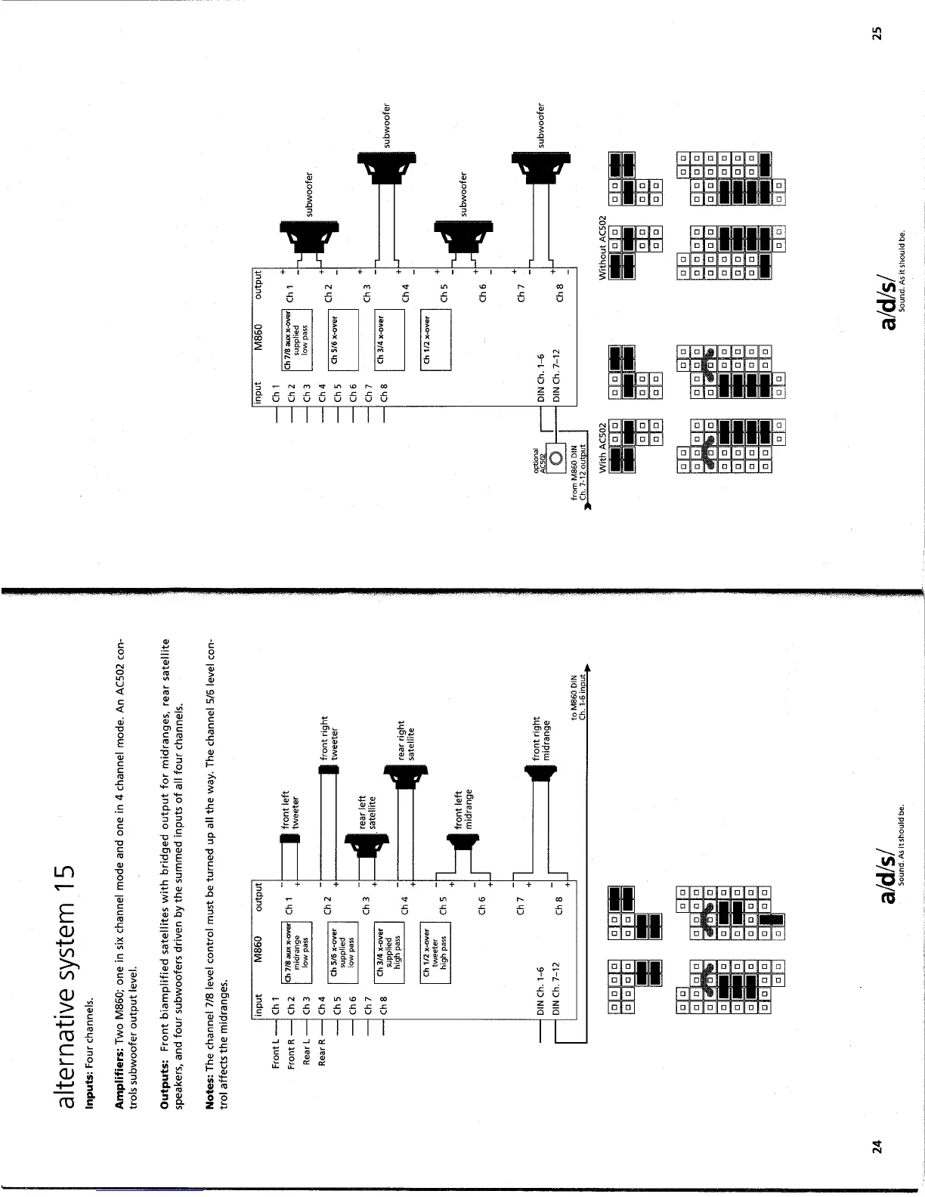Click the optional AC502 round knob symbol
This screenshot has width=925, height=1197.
tap(555, 457)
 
